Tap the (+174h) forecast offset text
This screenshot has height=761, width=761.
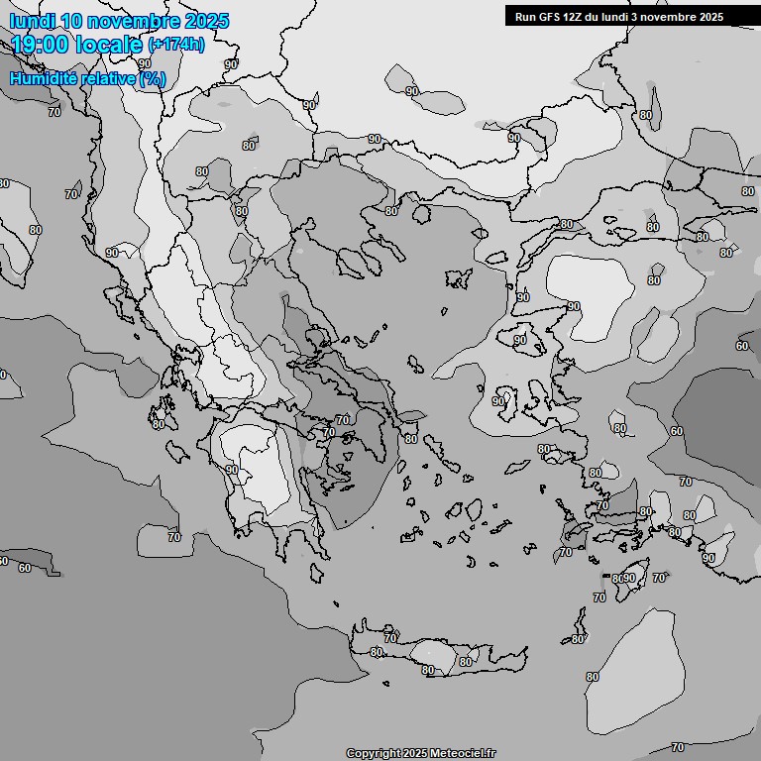tap(176, 45)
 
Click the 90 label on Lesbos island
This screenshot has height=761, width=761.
tap(520, 340)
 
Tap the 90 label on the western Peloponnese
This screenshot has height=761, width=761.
tap(232, 470)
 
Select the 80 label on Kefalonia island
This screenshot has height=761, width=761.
tap(159, 423)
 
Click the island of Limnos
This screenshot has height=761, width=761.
tap(457, 278)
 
